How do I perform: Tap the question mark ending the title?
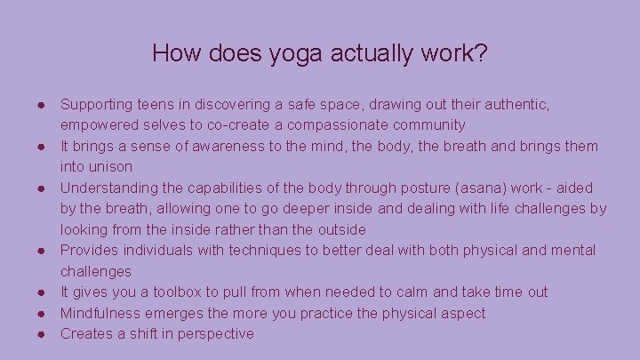[480, 53]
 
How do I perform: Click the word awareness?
[208, 146]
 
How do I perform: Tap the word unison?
[108, 167]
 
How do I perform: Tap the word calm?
[424, 292]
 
